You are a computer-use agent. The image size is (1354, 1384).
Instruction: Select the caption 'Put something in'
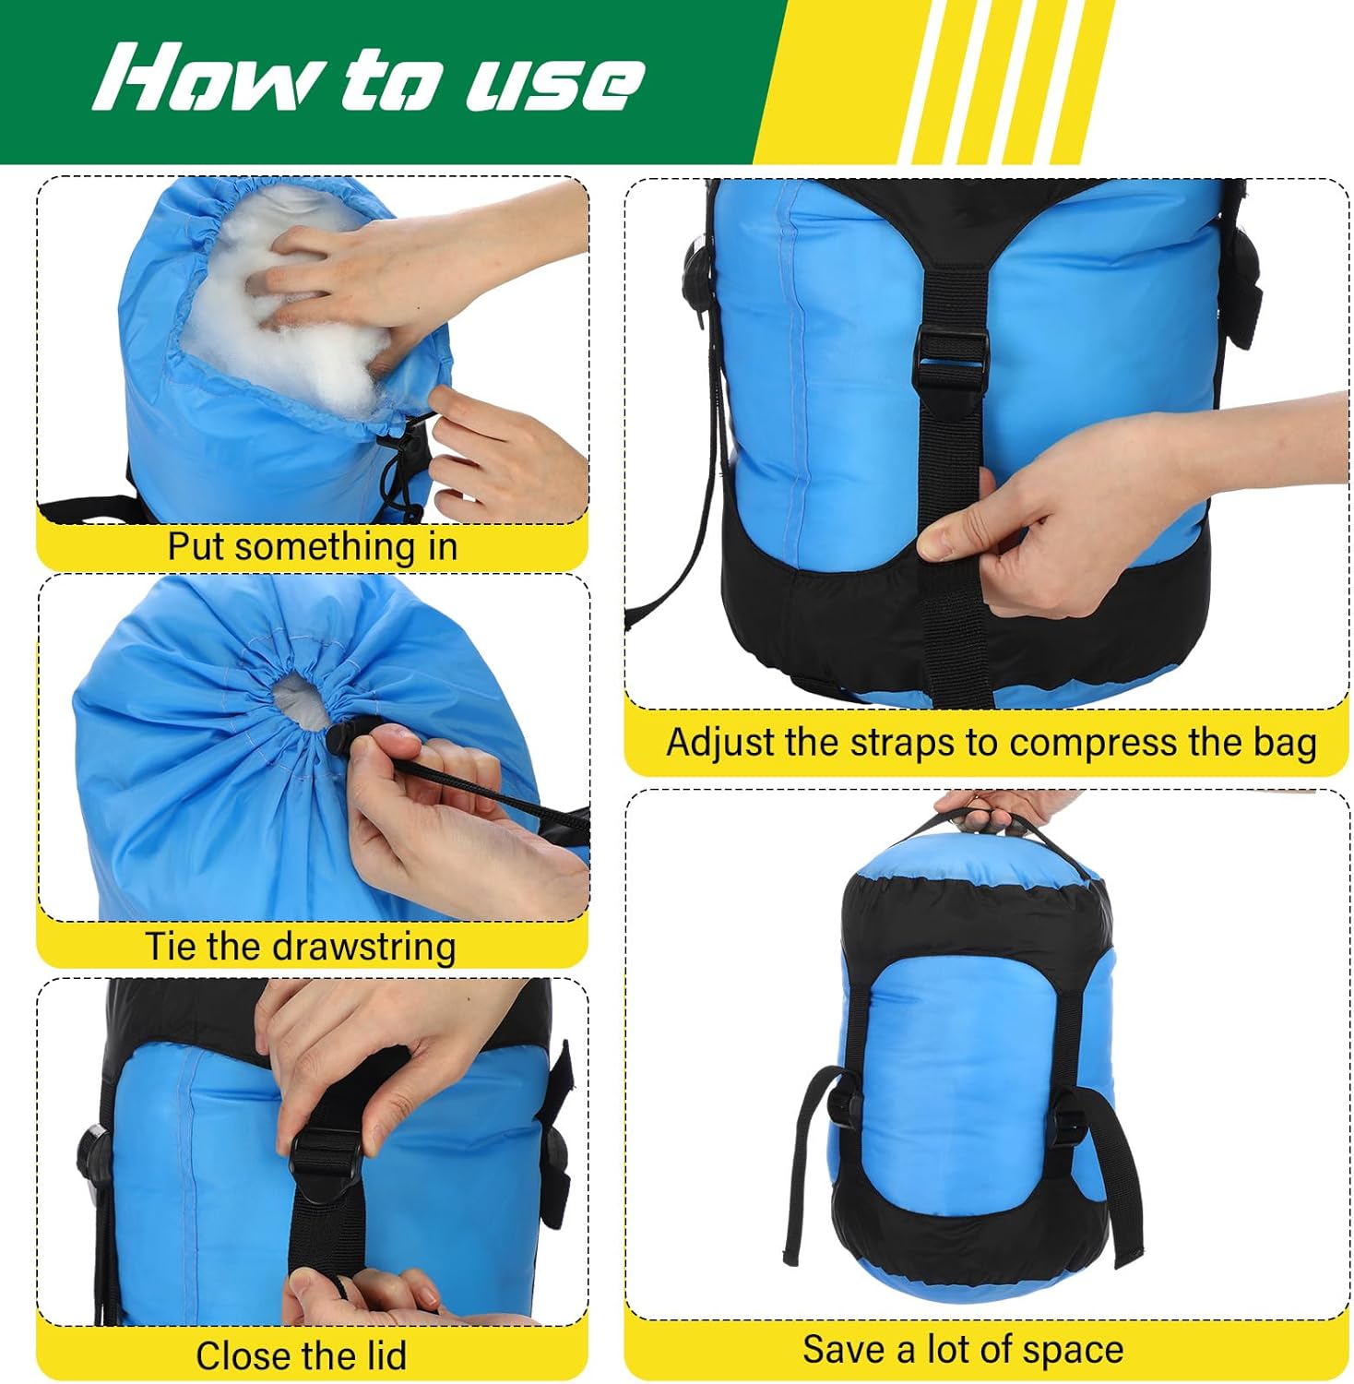[x=312, y=546]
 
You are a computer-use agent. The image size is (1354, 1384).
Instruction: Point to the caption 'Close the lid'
[x=301, y=1355]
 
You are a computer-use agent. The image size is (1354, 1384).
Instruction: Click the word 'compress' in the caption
[x=1071, y=743]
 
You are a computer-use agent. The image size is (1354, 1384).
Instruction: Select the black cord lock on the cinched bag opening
[x=342, y=735]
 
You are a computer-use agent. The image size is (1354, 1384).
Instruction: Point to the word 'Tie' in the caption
[x=171, y=947]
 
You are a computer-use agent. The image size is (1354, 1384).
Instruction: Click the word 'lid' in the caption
[x=383, y=1355]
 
